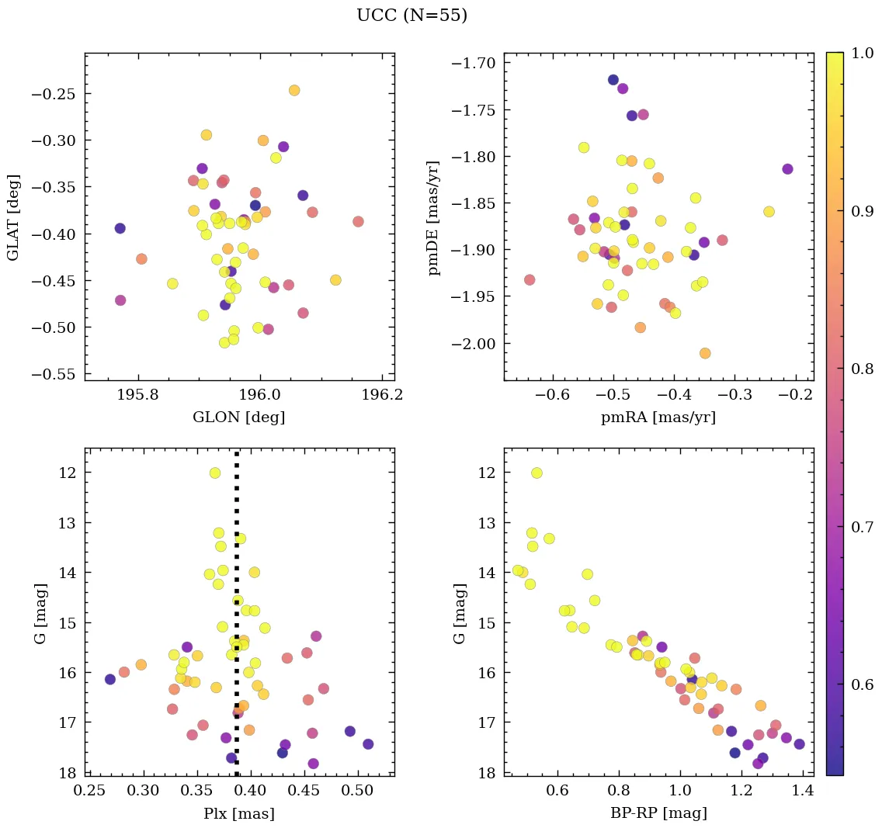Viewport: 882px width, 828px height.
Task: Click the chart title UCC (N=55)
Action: (x=411, y=16)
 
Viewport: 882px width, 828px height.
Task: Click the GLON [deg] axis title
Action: (x=238, y=417)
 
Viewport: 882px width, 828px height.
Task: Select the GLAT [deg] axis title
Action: (x=14, y=217)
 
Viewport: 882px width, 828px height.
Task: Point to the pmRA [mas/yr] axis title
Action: (x=658, y=417)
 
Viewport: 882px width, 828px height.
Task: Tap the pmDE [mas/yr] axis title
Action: (x=434, y=217)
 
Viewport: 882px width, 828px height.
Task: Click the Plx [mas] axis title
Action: (x=238, y=813)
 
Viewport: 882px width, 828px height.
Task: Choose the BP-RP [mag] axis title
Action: (x=658, y=813)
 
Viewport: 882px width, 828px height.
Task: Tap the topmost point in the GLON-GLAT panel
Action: (x=294, y=90)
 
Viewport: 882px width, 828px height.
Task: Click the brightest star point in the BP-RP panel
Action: (x=536, y=473)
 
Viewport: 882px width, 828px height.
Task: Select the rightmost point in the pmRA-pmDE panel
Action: (x=787, y=169)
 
